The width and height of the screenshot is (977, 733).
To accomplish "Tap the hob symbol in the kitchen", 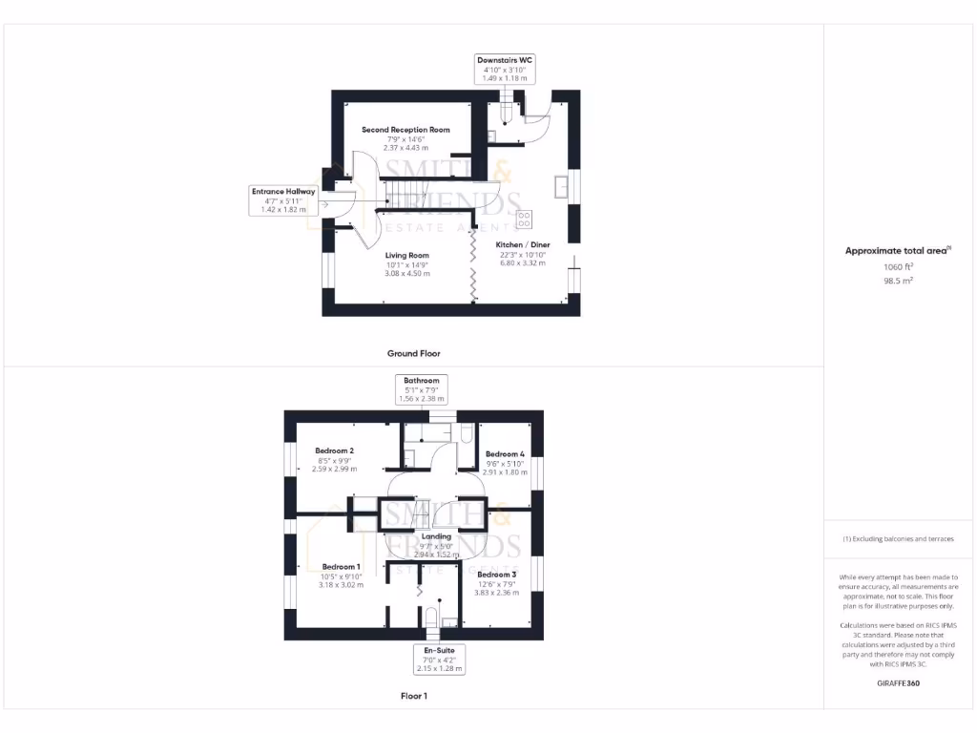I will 524,220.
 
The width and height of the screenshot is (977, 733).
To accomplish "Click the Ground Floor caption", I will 413,353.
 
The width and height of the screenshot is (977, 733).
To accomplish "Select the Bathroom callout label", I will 421,389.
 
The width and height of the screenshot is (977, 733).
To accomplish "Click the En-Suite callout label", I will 439,660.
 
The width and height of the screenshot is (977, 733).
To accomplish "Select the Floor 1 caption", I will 413,697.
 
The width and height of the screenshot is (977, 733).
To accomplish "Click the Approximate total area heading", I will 897,251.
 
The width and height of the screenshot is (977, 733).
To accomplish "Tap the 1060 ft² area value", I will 897,268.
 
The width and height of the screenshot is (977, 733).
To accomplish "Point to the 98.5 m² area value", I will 897,282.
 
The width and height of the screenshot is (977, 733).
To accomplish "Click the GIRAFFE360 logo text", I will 897,683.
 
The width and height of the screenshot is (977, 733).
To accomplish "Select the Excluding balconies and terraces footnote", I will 898,539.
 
